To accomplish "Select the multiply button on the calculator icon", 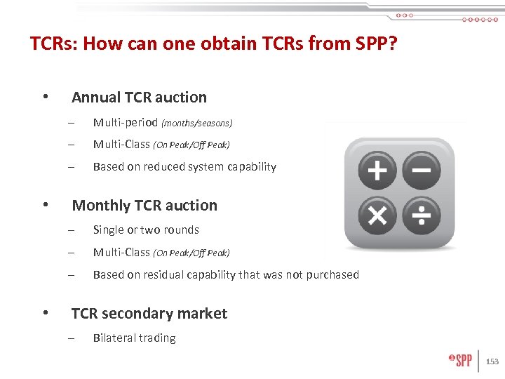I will [x=377, y=216].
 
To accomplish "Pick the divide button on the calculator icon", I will [x=422, y=216].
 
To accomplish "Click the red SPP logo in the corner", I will [x=460, y=361].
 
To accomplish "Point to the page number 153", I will [x=492, y=361].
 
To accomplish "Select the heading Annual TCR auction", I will [x=139, y=98].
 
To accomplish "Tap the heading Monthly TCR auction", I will [x=144, y=206].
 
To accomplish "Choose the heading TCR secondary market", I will [x=149, y=314].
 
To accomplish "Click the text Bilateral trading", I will [x=134, y=338].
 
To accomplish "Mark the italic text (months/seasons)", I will [x=197, y=124].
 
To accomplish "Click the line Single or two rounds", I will [x=146, y=230].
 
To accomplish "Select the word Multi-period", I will [x=126, y=123].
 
